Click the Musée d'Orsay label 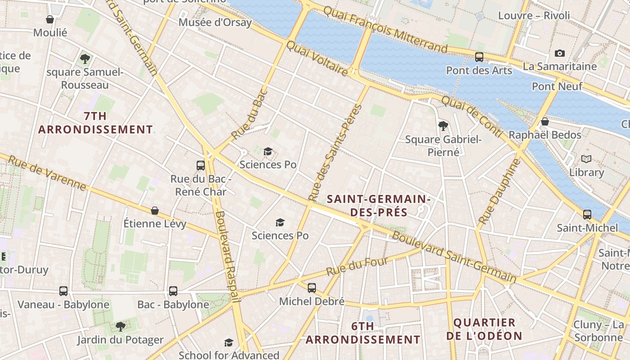(x=215, y=22)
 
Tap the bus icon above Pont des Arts (x=479, y=57)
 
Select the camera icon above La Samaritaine (x=559, y=54)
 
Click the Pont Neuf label (x=557, y=86)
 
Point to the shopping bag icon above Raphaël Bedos (x=544, y=121)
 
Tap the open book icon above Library (x=586, y=159)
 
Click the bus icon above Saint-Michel (x=587, y=215)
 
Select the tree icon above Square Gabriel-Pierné (x=443, y=126)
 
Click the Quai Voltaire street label (x=317, y=58)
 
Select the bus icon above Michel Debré (x=312, y=288)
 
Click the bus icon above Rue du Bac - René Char (x=201, y=166)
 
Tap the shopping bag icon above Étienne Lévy (x=155, y=211)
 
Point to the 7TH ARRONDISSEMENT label (x=95, y=123)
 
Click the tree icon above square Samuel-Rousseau (x=85, y=58)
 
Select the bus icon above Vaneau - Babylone (x=63, y=291)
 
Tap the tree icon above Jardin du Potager (x=120, y=326)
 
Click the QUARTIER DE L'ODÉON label (x=484, y=329)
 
